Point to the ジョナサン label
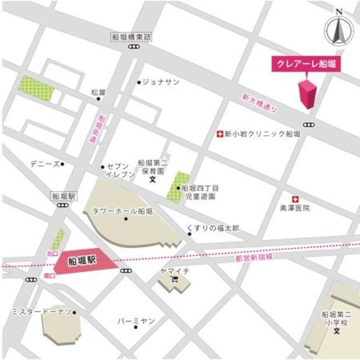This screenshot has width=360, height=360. coord(161,82)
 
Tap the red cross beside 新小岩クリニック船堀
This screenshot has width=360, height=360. coord(220,134)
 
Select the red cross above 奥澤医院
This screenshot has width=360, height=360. coord(295,199)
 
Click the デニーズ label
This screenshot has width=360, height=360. coord(44,164)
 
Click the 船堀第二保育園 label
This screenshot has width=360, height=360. coord(153,165)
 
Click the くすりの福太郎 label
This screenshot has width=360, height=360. coord(213,228)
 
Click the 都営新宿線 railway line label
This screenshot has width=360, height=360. coord(254,258)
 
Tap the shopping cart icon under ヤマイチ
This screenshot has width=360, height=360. coord(174,280)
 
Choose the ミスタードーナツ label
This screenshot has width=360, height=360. coord(41,312)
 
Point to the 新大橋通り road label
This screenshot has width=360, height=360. coord(259,105)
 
